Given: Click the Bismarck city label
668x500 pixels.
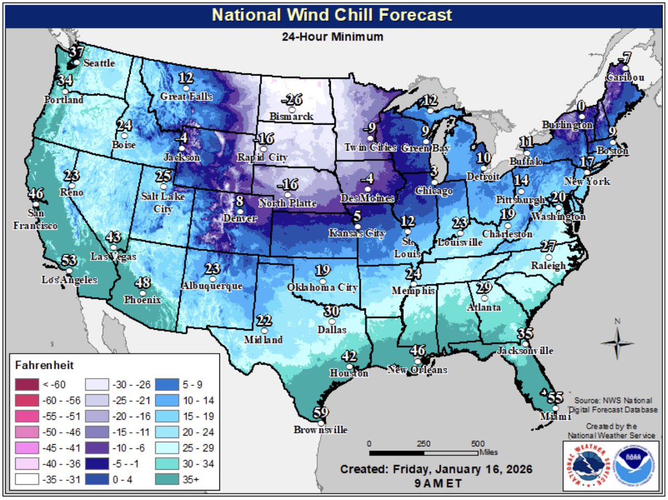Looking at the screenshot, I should coord(291,117).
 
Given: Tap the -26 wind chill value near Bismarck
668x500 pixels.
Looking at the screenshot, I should coord(292,100).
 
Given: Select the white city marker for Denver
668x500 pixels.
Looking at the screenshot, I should coord(240,211).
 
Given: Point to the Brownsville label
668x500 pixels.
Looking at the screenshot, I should coord(321,430).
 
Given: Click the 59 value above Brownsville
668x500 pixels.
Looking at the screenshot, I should coord(320,413).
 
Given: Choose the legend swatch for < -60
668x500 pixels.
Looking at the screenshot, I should coord(27,385).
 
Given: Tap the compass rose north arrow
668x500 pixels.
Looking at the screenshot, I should coord(617,332).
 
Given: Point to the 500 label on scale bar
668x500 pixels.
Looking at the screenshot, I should coord(477,444).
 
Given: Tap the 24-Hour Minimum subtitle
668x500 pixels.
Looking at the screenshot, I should coord(333,37).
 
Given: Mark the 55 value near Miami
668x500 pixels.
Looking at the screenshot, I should coord(554,398).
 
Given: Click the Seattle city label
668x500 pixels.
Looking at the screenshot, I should coord(99,63).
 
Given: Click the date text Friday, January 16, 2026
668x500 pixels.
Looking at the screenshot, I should coord(436,469).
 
